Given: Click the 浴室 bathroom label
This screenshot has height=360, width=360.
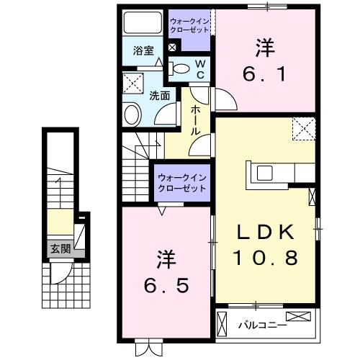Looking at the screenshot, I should tap(143, 51).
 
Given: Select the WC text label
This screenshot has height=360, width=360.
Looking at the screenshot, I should tap(202, 69).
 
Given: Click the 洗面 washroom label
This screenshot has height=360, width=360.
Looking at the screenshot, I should tap(160, 95).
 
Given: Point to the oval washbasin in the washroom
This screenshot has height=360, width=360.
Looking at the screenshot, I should tap(132, 114).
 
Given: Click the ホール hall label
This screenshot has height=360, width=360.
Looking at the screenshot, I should tap(196, 120).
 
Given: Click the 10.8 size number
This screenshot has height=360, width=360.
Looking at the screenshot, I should tap(264, 257).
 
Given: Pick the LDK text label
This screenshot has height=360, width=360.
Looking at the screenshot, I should tap(264, 232).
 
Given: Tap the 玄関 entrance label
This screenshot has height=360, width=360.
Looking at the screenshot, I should tap(60, 250).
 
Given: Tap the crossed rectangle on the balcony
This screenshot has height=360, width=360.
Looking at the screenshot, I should tap(300, 317).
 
